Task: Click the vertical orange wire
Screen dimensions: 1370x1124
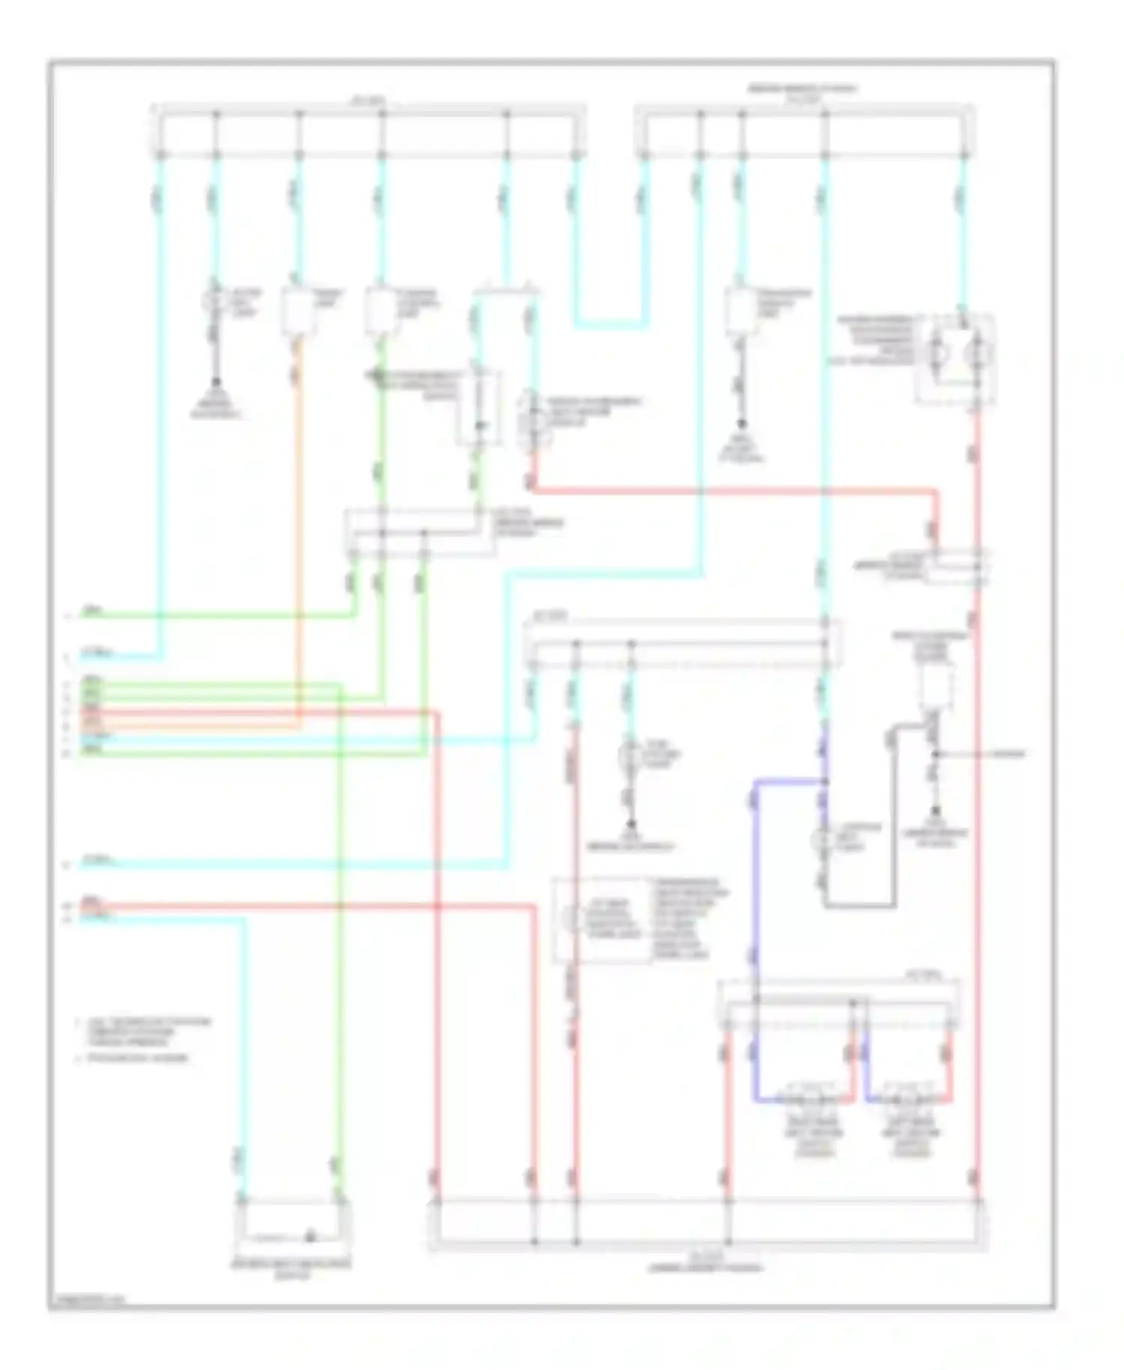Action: tap(298, 525)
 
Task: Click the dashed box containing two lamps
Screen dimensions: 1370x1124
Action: tap(956, 360)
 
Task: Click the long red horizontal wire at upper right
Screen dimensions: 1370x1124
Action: tap(734, 492)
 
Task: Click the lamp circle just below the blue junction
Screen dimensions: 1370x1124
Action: tap(824, 839)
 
